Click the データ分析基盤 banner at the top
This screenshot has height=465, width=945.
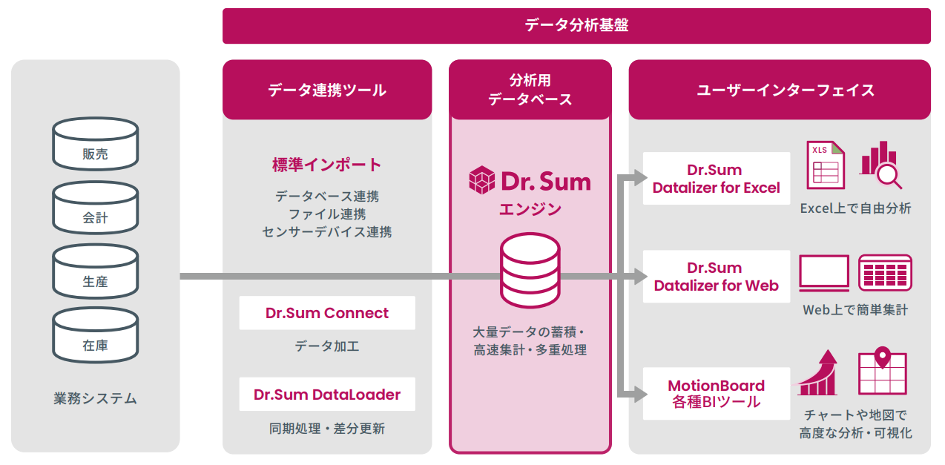coord(576,25)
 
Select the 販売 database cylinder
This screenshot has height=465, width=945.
coord(96,143)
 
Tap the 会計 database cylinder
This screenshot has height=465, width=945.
coord(96,207)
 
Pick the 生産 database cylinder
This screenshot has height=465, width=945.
coord(96,271)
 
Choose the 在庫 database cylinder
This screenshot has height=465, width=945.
coord(96,335)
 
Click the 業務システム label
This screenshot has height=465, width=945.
coord(96,398)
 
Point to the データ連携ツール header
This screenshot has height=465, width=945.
coord(327,90)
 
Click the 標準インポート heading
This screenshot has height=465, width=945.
coord(327,165)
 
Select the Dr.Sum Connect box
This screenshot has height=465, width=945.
coord(327,313)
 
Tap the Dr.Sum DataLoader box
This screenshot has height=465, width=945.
coord(327,394)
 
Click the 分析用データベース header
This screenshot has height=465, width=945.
coord(530,90)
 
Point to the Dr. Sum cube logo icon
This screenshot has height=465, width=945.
coord(482,180)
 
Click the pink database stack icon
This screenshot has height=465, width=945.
coord(530,270)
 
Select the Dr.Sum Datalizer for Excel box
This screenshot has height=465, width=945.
coord(717,179)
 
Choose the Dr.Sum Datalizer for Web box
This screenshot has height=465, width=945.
coord(717,277)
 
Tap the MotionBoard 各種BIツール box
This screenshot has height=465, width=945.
coord(717,394)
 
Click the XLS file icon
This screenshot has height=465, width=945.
coord(826,165)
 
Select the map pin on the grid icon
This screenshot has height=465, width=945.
coord(883,357)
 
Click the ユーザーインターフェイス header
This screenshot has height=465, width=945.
coord(780,90)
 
